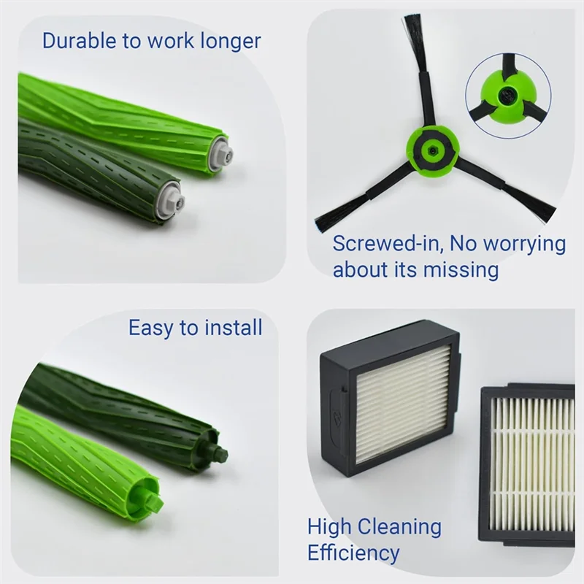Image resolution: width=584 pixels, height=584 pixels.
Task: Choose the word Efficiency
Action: (353, 552)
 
